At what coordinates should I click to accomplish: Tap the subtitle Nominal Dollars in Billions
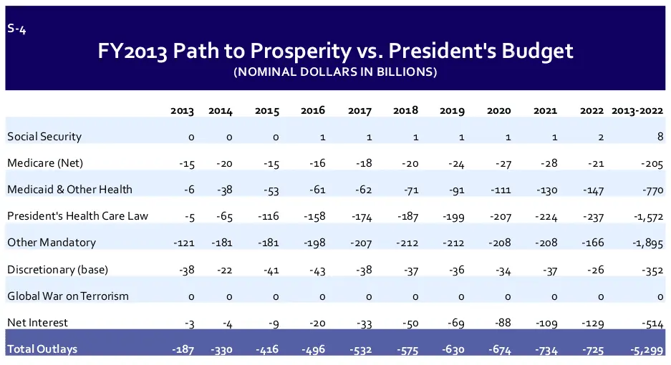(x=335, y=72)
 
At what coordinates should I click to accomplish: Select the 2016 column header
(x=313, y=111)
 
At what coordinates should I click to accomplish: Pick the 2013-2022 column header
(x=637, y=111)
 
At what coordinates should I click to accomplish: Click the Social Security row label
(x=44, y=136)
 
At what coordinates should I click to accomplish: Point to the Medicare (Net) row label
(x=45, y=162)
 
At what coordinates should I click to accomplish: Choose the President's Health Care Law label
(x=77, y=215)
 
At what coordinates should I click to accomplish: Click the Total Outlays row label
(x=42, y=349)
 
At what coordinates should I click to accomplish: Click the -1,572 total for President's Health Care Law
(x=647, y=216)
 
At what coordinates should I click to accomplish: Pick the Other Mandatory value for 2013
(x=184, y=243)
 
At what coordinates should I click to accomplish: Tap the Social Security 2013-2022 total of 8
(x=660, y=137)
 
